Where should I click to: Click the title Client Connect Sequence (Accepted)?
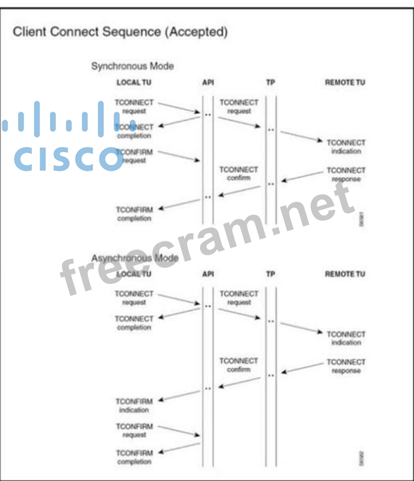[x=120, y=31]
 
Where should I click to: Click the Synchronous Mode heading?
[x=132, y=66]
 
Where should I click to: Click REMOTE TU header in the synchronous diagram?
[x=345, y=82]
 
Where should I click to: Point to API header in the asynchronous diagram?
[x=208, y=273]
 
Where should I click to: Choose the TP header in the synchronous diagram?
[x=270, y=82]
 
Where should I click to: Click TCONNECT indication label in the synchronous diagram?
[x=346, y=146]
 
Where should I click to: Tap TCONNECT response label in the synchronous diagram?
[x=346, y=174]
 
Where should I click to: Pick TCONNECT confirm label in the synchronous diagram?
[x=238, y=173]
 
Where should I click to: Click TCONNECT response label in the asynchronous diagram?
[x=346, y=366]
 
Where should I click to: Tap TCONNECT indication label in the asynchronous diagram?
[x=346, y=338]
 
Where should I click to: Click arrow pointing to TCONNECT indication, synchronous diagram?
[x=301, y=136]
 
